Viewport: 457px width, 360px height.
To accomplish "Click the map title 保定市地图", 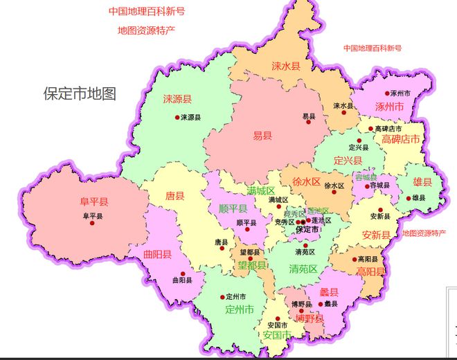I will click(80, 93).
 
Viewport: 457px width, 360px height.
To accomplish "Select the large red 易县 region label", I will click(262, 136).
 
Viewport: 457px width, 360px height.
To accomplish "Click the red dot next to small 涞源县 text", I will click(177, 117).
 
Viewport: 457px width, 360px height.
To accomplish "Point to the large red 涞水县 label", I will click(285, 66).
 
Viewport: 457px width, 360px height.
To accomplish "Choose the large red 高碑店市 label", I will click(401, 139).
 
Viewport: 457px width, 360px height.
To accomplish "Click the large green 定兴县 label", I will click(348, 160).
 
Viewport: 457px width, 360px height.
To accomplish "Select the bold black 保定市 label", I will click(307, 229).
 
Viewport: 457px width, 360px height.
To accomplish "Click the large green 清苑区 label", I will click(303, 269).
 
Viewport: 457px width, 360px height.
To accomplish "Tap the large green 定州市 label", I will click(240, 309).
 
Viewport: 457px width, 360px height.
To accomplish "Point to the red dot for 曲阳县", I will click(183, 273).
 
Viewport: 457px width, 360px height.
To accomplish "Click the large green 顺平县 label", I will click(233, 208).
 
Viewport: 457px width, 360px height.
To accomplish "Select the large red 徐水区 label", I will click(307, 182).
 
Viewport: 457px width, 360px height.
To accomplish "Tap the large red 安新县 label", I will click(376, 235).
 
